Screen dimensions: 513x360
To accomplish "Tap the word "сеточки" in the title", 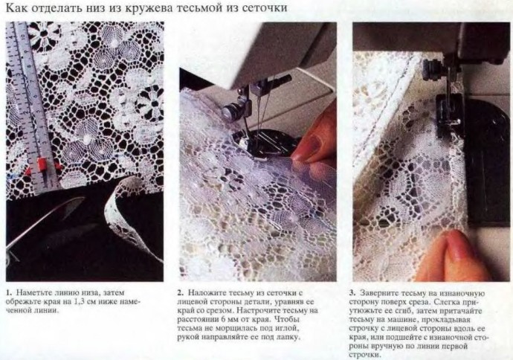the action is (x=265, y=7).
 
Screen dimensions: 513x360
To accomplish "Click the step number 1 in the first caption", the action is (x=8, y=292).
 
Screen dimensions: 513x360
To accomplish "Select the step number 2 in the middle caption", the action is (x=180, y=292).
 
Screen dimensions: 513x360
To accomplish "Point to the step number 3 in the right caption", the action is (x=352, y=292).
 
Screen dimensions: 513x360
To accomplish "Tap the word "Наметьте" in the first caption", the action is (x=31, y=292).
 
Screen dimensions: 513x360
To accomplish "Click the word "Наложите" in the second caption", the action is (x=204, y=292).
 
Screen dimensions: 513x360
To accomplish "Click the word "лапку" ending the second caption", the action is (x=289, y=337).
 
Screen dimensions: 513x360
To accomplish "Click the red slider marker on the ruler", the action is (x=42, y=164).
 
